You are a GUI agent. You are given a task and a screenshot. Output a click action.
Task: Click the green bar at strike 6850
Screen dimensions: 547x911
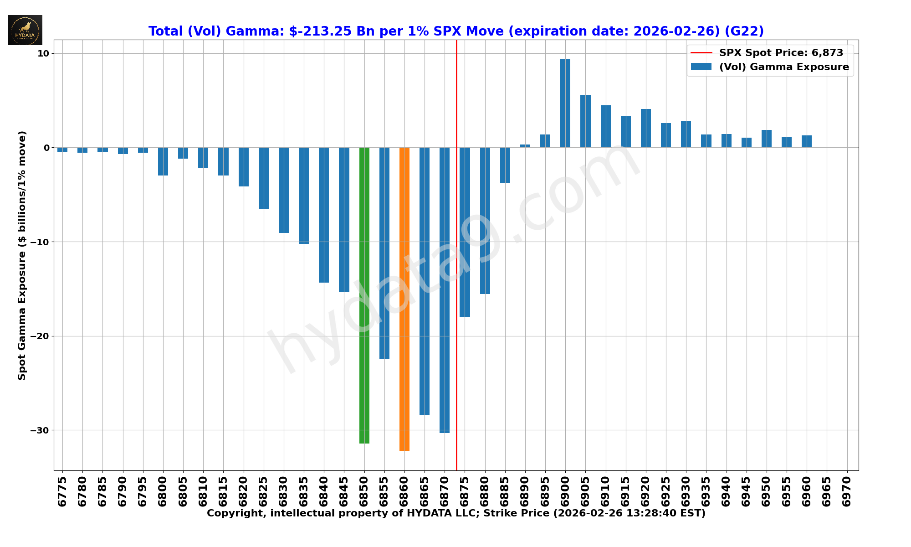(364, 295)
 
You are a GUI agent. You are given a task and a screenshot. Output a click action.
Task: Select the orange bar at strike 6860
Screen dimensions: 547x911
(404, 299)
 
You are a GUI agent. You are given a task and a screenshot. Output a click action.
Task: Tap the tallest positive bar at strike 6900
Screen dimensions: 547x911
(565, 103)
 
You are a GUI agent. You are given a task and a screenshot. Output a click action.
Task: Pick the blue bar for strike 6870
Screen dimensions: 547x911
(445, 290)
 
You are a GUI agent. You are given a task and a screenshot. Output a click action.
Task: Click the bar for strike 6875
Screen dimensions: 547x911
(465, 232)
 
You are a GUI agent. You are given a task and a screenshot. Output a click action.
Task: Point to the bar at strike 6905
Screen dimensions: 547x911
(585, 121)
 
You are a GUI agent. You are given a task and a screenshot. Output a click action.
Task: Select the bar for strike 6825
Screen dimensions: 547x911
(264, 178)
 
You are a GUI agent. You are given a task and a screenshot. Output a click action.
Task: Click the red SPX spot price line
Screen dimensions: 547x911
(456, 365)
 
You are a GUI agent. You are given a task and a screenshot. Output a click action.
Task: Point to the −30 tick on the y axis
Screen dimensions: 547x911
(40, 430)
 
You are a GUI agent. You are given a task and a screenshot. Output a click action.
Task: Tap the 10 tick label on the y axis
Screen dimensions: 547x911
(43, 53)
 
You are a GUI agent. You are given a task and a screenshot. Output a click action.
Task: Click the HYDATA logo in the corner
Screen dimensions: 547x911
(25, 30)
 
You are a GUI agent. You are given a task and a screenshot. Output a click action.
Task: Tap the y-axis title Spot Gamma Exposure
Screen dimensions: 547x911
(22, 255)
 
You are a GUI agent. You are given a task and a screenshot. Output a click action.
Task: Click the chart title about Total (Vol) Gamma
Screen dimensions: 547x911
(456, 31)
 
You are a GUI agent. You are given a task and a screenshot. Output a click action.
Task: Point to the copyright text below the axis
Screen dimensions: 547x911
(456, 514)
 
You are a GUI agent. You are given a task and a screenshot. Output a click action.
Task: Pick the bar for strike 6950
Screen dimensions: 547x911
(767, 139)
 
